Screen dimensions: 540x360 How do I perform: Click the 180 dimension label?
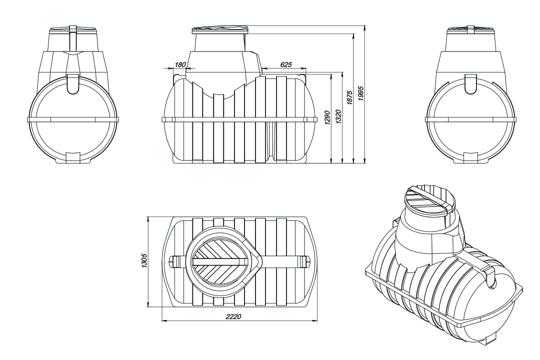click(180, 64)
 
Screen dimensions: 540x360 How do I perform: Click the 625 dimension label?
click(286, 64)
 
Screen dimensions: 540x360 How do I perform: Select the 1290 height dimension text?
click(327, 118)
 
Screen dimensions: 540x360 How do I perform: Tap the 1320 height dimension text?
click(338, 117)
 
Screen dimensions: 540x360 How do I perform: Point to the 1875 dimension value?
click(350, 97)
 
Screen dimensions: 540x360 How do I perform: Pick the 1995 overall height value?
click(361, 92)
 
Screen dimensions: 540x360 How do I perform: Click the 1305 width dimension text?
click(144, 261)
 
